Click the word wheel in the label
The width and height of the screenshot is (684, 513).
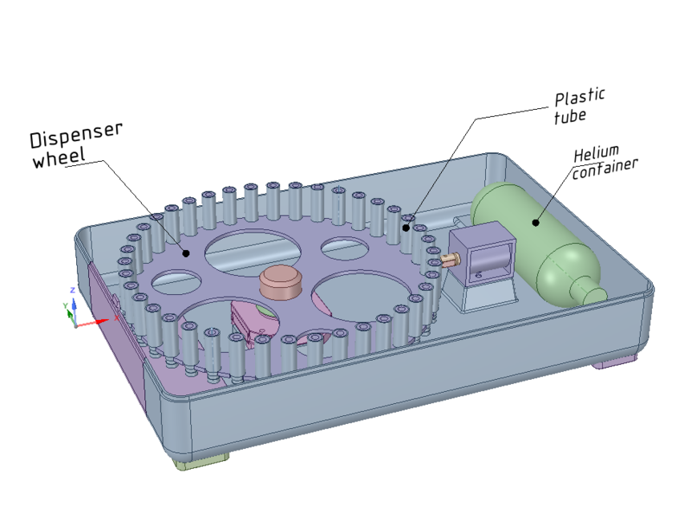(x=58, y=159)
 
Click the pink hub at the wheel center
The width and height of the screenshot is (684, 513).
(x=281, y=281)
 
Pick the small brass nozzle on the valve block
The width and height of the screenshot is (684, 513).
(x=449, y=259)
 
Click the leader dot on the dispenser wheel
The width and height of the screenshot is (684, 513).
(x=186, y=253)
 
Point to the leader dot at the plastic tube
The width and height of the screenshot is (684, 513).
(x=407, y=228)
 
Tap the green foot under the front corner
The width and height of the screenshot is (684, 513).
(x=200, y=463)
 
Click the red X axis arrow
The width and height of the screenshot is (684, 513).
(x=99, y=321)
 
